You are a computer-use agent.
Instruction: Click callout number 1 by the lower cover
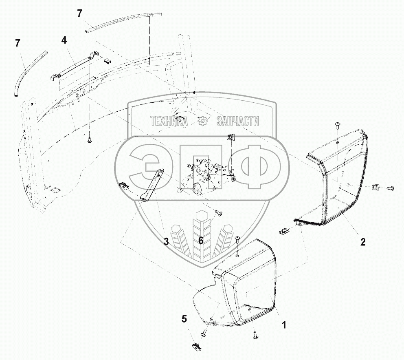pyautogui.click(x=283, y=325)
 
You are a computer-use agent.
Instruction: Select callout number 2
pyautogui.click(x=362, y=241)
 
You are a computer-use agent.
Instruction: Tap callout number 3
pyautogui.click(x=166, y=242)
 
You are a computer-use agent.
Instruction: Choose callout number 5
pyautogui.click(x=184, y=319)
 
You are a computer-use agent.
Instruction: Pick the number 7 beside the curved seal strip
pyautogui.click(x=18, y=42)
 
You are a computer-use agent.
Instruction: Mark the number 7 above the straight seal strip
pyautogui.click(x=80, y=13)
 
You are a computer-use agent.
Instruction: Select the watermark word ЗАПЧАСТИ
pyautogui.click(x=238, y=121)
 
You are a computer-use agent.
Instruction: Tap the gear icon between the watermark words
pyautogui.click(x=202, y=121)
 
